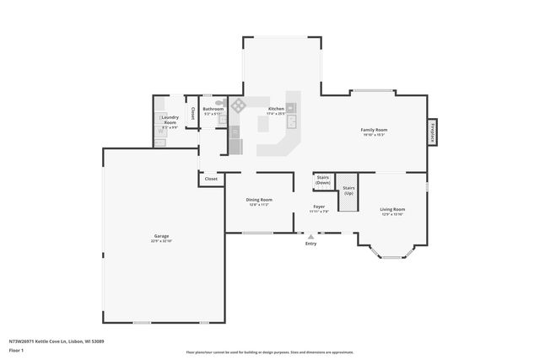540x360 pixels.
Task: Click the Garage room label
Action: (x=161, y=238)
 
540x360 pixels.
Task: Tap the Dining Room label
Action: (x=259, y=201)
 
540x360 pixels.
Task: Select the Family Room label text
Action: (x=374, y=132)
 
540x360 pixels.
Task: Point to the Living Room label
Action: (x=393, y=211)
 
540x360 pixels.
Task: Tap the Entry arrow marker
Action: (x=310, y=238)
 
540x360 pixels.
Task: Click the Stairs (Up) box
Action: (x=348, y=191)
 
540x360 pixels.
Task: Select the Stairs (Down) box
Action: (x=322, y=180)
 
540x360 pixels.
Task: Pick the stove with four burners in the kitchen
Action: (x=239, y=105)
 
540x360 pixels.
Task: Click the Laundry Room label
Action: (x=170, y=120)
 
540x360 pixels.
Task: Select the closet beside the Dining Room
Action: (x=211, y=179)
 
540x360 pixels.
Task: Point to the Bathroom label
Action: (x=213, y=110)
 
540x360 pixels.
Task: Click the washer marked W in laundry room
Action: (x=161, y=132)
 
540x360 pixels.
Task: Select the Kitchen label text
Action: (x=277, y=110)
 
